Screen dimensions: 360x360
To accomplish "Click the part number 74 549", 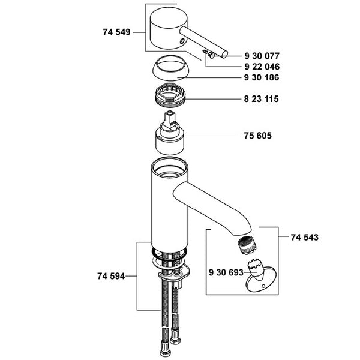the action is point(116,32).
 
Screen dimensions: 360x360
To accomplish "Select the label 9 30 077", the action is point(262,56).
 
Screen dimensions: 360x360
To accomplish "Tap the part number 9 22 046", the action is point(262,67).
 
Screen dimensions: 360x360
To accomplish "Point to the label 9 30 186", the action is point(262,77).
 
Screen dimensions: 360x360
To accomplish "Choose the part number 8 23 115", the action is point(261,99).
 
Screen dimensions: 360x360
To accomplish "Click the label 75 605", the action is point(257,136).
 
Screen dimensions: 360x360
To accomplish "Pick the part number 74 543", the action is point(305,237).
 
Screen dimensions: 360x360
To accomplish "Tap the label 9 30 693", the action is point(226,272).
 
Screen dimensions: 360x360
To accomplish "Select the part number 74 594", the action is point(111,276).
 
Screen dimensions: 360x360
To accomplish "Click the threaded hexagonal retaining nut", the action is point(170,95).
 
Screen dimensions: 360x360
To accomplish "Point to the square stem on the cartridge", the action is point(169,119).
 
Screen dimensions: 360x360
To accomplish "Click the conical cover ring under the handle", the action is point(170,68).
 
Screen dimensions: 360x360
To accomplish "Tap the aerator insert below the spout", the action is point(247,246).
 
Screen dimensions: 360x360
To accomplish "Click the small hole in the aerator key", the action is point(263,286).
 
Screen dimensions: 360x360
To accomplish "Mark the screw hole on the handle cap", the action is point(182,41).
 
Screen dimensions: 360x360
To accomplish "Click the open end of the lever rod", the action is point(224,54).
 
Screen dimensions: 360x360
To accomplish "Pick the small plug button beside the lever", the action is point(211,55).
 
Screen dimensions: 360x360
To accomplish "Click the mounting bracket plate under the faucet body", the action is point(174,272).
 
